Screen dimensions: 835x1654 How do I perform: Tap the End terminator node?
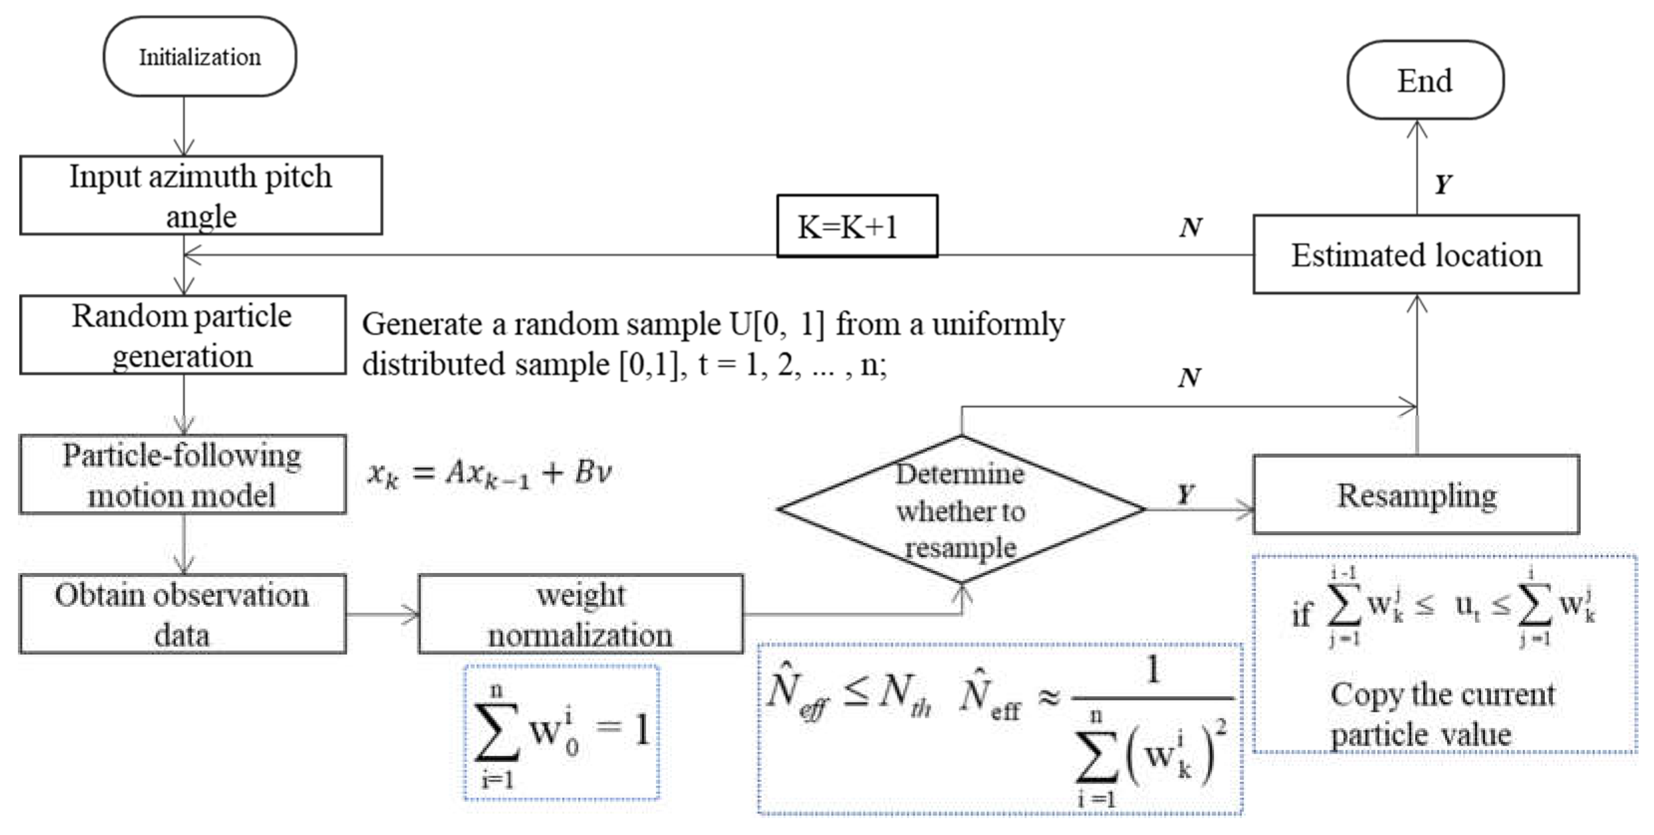(x=1425, y=80)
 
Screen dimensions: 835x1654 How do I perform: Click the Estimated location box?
(x=1416, y=255)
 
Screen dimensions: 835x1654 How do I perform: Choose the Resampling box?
(x=1416, y=495)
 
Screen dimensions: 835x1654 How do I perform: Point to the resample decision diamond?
(x=961, y=510)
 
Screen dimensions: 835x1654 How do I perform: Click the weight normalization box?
(x=580, y=614)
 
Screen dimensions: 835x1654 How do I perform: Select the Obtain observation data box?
(x=182, y=614)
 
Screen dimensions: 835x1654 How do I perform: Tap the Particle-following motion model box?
(x=182, y=474)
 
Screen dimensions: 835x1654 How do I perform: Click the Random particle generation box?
(x=182, y=335)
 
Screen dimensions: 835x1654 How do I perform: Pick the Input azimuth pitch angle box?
(x=200, y=195)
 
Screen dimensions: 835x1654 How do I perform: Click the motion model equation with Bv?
(x=489, y=474)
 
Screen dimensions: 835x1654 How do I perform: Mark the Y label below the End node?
(x=1443, y=185)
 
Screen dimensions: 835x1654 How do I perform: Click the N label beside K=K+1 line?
(x=1190, y=227)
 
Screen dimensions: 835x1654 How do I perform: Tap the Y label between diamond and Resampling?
(x=1185, y=494)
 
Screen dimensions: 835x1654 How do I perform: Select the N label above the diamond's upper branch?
(x=1189, y=378)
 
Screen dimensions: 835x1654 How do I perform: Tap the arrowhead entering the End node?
(x=1417, y=130)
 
